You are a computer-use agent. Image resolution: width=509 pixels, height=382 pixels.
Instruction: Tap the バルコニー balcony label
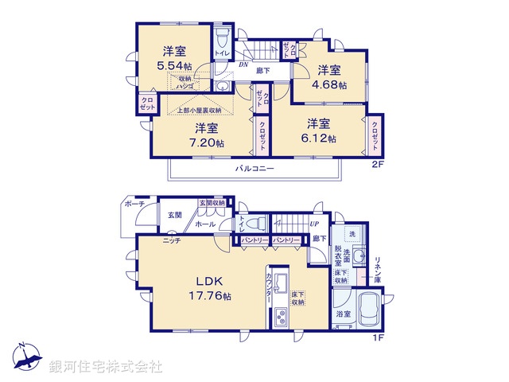click(x=254, y=169)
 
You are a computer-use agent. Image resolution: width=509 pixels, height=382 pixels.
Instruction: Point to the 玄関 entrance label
click(x=175, y=215)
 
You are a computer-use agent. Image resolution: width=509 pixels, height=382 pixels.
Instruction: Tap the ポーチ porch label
click(x=134, y=205)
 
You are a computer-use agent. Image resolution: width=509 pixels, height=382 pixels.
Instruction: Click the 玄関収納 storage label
click(x=212, y=202)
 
